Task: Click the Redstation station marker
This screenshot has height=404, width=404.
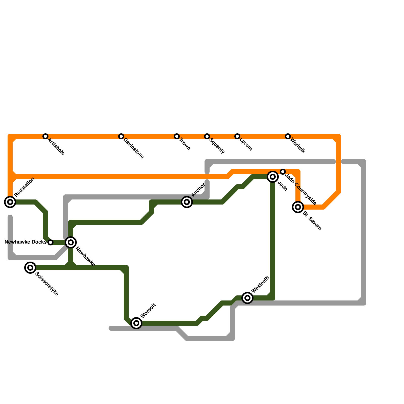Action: tap(10, 202)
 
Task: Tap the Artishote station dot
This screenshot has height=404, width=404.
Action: tap(45, 136)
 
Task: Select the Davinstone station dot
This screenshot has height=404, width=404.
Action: tap(121, 136)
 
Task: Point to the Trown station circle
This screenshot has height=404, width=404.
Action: tap(177, 136)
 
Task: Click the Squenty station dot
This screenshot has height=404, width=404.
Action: tap(207, 136)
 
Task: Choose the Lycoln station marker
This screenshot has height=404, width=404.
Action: tap(237, 136)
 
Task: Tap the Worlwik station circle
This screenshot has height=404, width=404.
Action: tap(288, 136)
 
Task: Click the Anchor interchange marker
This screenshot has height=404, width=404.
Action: tap(187, 202)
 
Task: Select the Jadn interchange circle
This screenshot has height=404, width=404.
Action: tap(273, 177)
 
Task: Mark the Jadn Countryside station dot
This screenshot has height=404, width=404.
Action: tap(283, 172)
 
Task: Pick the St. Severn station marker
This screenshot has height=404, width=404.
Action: tap(298, 207)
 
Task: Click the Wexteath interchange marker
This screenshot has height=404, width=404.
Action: tap(247, 298)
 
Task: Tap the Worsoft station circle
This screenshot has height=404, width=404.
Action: tap(136, 323)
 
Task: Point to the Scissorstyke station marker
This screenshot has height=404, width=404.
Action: tap(30, 268)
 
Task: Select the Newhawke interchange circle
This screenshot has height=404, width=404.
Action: tap(71, 242)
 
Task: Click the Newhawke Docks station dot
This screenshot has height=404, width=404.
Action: tap(50, 242)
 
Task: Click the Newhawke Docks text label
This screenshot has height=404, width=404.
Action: tap(26, 242)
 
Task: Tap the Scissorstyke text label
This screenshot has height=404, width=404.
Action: tap(47, 284)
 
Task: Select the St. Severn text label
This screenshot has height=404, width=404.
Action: tap(312, 221)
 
